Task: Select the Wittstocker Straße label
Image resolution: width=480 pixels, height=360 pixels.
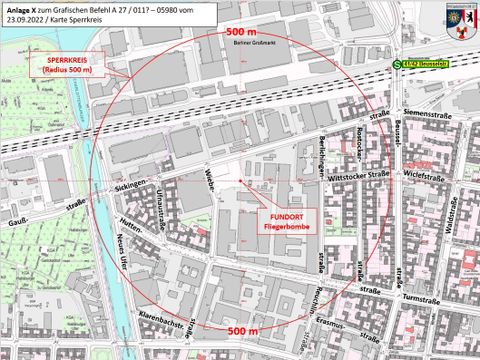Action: (x=354, y=173)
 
